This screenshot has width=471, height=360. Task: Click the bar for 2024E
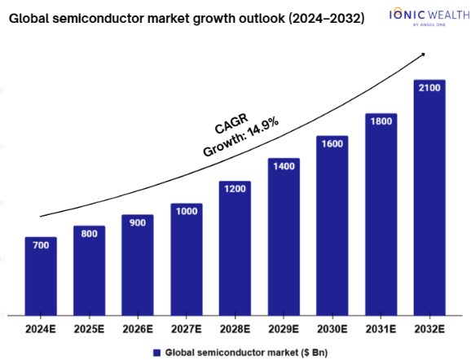[41, 276]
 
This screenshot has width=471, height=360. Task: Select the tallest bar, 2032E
[429, 198]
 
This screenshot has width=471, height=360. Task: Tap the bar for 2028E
[235, 248]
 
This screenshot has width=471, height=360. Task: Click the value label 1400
[284, 166]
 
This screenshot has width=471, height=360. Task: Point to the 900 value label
[138, 223]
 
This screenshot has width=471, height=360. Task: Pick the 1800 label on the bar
[381, 121]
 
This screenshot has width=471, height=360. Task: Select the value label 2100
[429, 88]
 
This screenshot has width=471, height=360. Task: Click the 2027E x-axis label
[187, 329]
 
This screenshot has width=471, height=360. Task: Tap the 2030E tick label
[332, 329]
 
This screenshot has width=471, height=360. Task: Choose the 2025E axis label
[89, 329]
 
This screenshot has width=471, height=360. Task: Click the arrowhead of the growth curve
[423, 55]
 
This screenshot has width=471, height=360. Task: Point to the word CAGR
[231, 124]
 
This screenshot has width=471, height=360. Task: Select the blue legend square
[156, 353]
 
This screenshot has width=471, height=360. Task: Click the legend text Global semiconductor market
[231, 353]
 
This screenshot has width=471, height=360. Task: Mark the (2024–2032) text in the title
[327, 19]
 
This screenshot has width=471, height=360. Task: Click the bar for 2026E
[138, 266]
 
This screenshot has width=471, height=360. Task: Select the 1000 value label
[187, 212]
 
